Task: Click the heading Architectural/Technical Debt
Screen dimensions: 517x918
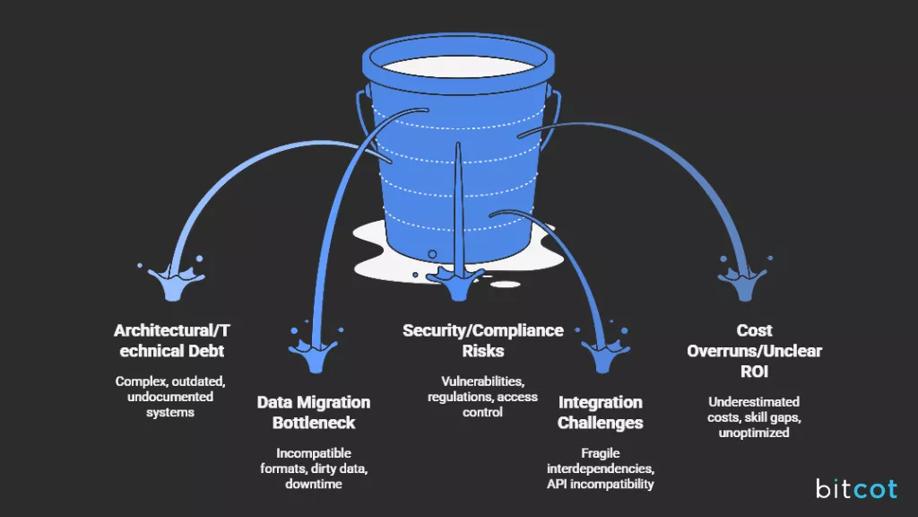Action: (x=169, y=341)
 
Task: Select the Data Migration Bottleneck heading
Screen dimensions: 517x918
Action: (x=313, y=412)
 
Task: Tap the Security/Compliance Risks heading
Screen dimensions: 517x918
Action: (x=482, y=341)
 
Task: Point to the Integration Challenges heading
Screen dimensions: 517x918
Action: (x=600, y=412)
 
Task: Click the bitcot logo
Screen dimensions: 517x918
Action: (x=856, y=488)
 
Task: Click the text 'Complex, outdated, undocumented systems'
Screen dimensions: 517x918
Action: (x=169, y=397)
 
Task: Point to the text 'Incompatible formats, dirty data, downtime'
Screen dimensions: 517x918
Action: (x=313, y=468)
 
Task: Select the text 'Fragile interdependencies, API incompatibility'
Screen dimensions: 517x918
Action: (x=600, y=469)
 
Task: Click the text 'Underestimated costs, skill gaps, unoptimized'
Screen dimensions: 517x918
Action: (x=754, y=416)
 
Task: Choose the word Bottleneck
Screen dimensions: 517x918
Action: (x=313, y=422)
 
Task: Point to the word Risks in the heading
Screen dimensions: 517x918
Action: (x=482, y=351)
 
